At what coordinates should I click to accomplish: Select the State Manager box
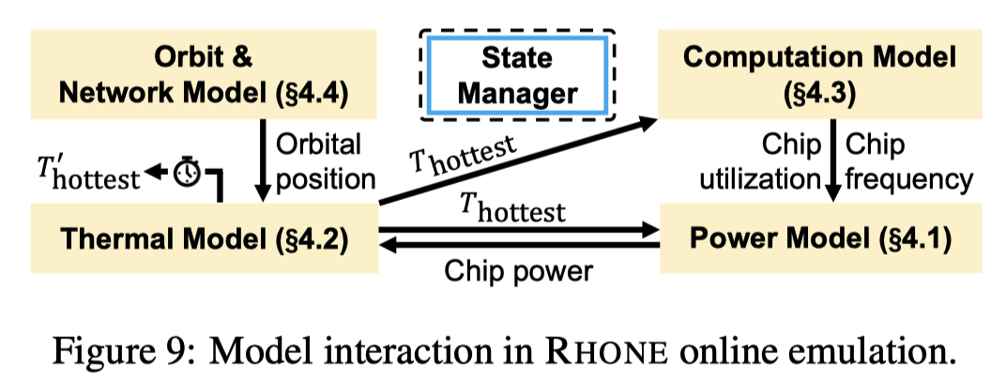point(517,75)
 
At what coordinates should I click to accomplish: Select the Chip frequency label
point(900,161)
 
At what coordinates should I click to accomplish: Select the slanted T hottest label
point(465,161)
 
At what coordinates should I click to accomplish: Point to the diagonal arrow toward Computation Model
point(516,161)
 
